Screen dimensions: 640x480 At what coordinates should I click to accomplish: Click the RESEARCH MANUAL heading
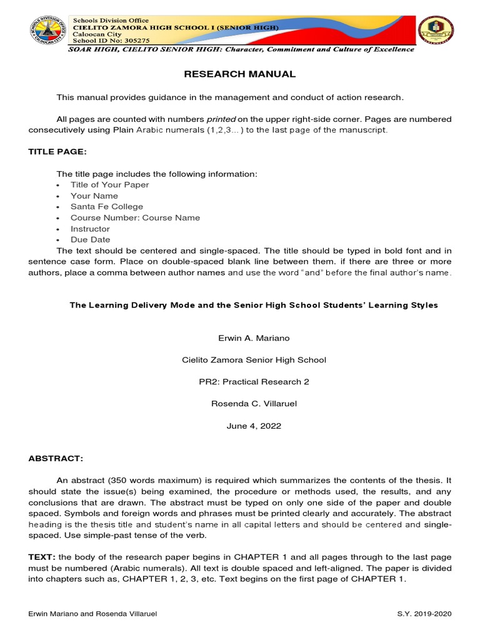239,74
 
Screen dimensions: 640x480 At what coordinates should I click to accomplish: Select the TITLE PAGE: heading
57,152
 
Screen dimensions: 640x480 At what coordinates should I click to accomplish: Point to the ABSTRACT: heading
55,458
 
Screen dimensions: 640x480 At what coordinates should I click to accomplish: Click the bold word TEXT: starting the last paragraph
42,557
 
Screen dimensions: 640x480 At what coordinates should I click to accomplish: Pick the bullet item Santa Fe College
106,207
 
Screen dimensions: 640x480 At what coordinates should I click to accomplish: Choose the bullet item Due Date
90,240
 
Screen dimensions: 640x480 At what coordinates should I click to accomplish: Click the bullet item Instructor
89,229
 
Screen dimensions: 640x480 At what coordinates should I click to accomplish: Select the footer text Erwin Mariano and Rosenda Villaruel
92,614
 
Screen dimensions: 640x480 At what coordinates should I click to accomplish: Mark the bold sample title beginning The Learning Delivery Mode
253,306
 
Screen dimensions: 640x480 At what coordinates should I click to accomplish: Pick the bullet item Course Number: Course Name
135,218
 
